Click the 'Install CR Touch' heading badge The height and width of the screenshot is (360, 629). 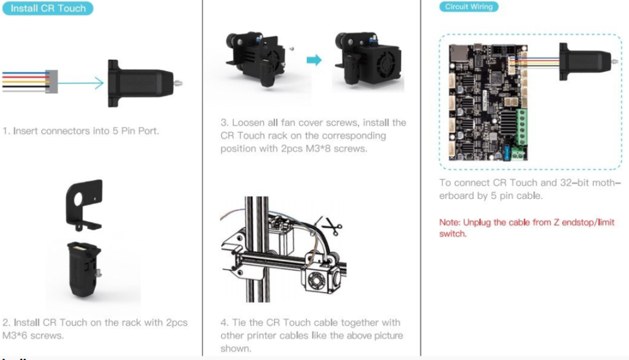pos(48,8)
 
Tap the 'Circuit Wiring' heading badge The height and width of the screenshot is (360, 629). pos(469,6)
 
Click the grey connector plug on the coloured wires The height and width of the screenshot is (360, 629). pos(52,82)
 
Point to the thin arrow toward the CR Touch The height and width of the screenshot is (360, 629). pos(81,83)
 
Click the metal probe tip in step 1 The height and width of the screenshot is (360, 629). pos(177,84)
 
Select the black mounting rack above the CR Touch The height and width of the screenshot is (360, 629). pos(84,205)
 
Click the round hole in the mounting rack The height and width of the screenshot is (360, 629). pos(78,199)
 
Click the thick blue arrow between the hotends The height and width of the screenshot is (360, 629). pos(314,60)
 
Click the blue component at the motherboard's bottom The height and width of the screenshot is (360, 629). pos(506,152)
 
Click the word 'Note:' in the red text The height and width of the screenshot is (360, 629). pos(450,222)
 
